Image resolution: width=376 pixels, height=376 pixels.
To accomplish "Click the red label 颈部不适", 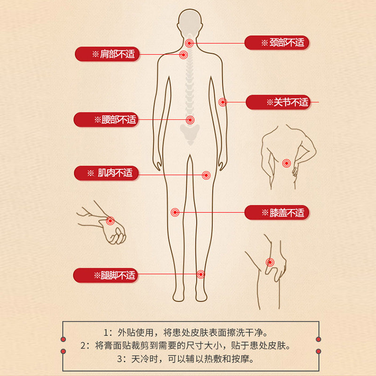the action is (277, 43).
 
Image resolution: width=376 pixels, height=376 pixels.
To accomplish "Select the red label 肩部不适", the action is (107, 54).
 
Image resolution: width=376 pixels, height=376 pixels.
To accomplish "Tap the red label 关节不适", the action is (278, 102).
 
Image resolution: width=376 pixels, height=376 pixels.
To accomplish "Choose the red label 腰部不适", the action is (106, 119).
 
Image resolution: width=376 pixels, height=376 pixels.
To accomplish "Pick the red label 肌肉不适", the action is (107, 173).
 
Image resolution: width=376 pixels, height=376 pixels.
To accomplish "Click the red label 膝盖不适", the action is (277, 212).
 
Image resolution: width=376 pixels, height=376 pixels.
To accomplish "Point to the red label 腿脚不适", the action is (106, 275).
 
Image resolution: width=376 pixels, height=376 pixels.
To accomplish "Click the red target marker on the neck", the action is (189, 43).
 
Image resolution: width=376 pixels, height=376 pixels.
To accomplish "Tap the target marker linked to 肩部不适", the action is (183, 55).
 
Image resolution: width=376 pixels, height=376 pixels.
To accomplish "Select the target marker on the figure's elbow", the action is (223, 102).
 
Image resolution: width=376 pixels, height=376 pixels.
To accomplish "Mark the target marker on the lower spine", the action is (190, 120).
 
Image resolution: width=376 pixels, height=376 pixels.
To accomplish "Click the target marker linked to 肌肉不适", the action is (206, 175).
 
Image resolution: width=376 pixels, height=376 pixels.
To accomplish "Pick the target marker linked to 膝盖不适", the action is (175, 212).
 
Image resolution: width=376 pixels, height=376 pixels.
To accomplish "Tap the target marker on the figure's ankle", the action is (201, 274).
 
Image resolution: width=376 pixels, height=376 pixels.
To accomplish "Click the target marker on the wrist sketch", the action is (110, 220).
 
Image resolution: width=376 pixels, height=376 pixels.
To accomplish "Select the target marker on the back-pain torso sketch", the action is (286, 163).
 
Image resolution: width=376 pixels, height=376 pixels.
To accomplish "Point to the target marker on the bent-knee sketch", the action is (270, 262).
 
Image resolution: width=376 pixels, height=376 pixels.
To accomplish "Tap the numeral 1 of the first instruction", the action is (106, 333).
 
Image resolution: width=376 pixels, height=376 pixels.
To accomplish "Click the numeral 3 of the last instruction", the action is (120, 359).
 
